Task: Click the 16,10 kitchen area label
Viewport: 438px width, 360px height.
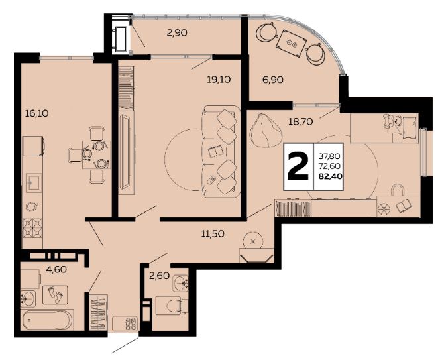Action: (x=37, y=113)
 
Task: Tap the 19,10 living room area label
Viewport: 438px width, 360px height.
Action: (x=219, y=80)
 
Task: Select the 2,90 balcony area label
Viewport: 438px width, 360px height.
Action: (x=177, y=33)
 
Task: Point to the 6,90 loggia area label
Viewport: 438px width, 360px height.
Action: (x=273, y=80)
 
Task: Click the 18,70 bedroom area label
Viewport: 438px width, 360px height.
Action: (x=300, y=121)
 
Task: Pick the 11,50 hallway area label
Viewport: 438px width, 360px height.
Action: (x=213, y=233)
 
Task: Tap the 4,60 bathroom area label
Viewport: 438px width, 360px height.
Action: (x=56, y=269)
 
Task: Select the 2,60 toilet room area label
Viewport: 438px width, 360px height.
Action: (x=159, y=276)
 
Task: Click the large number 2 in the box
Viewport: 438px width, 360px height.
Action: (x=298, y=166)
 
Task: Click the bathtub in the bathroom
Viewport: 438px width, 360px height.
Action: (x=48, y=320)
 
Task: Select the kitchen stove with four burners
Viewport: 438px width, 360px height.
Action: (x=32, y=228)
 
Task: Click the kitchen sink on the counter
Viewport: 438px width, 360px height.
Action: (x=34, y=182)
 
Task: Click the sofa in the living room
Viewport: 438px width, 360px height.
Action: (x=221, y=152)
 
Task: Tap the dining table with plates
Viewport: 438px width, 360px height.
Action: (x=96, y=154)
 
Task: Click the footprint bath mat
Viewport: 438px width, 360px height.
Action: (x=55, y=294)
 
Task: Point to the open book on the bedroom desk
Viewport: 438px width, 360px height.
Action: (x=404, y=206)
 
